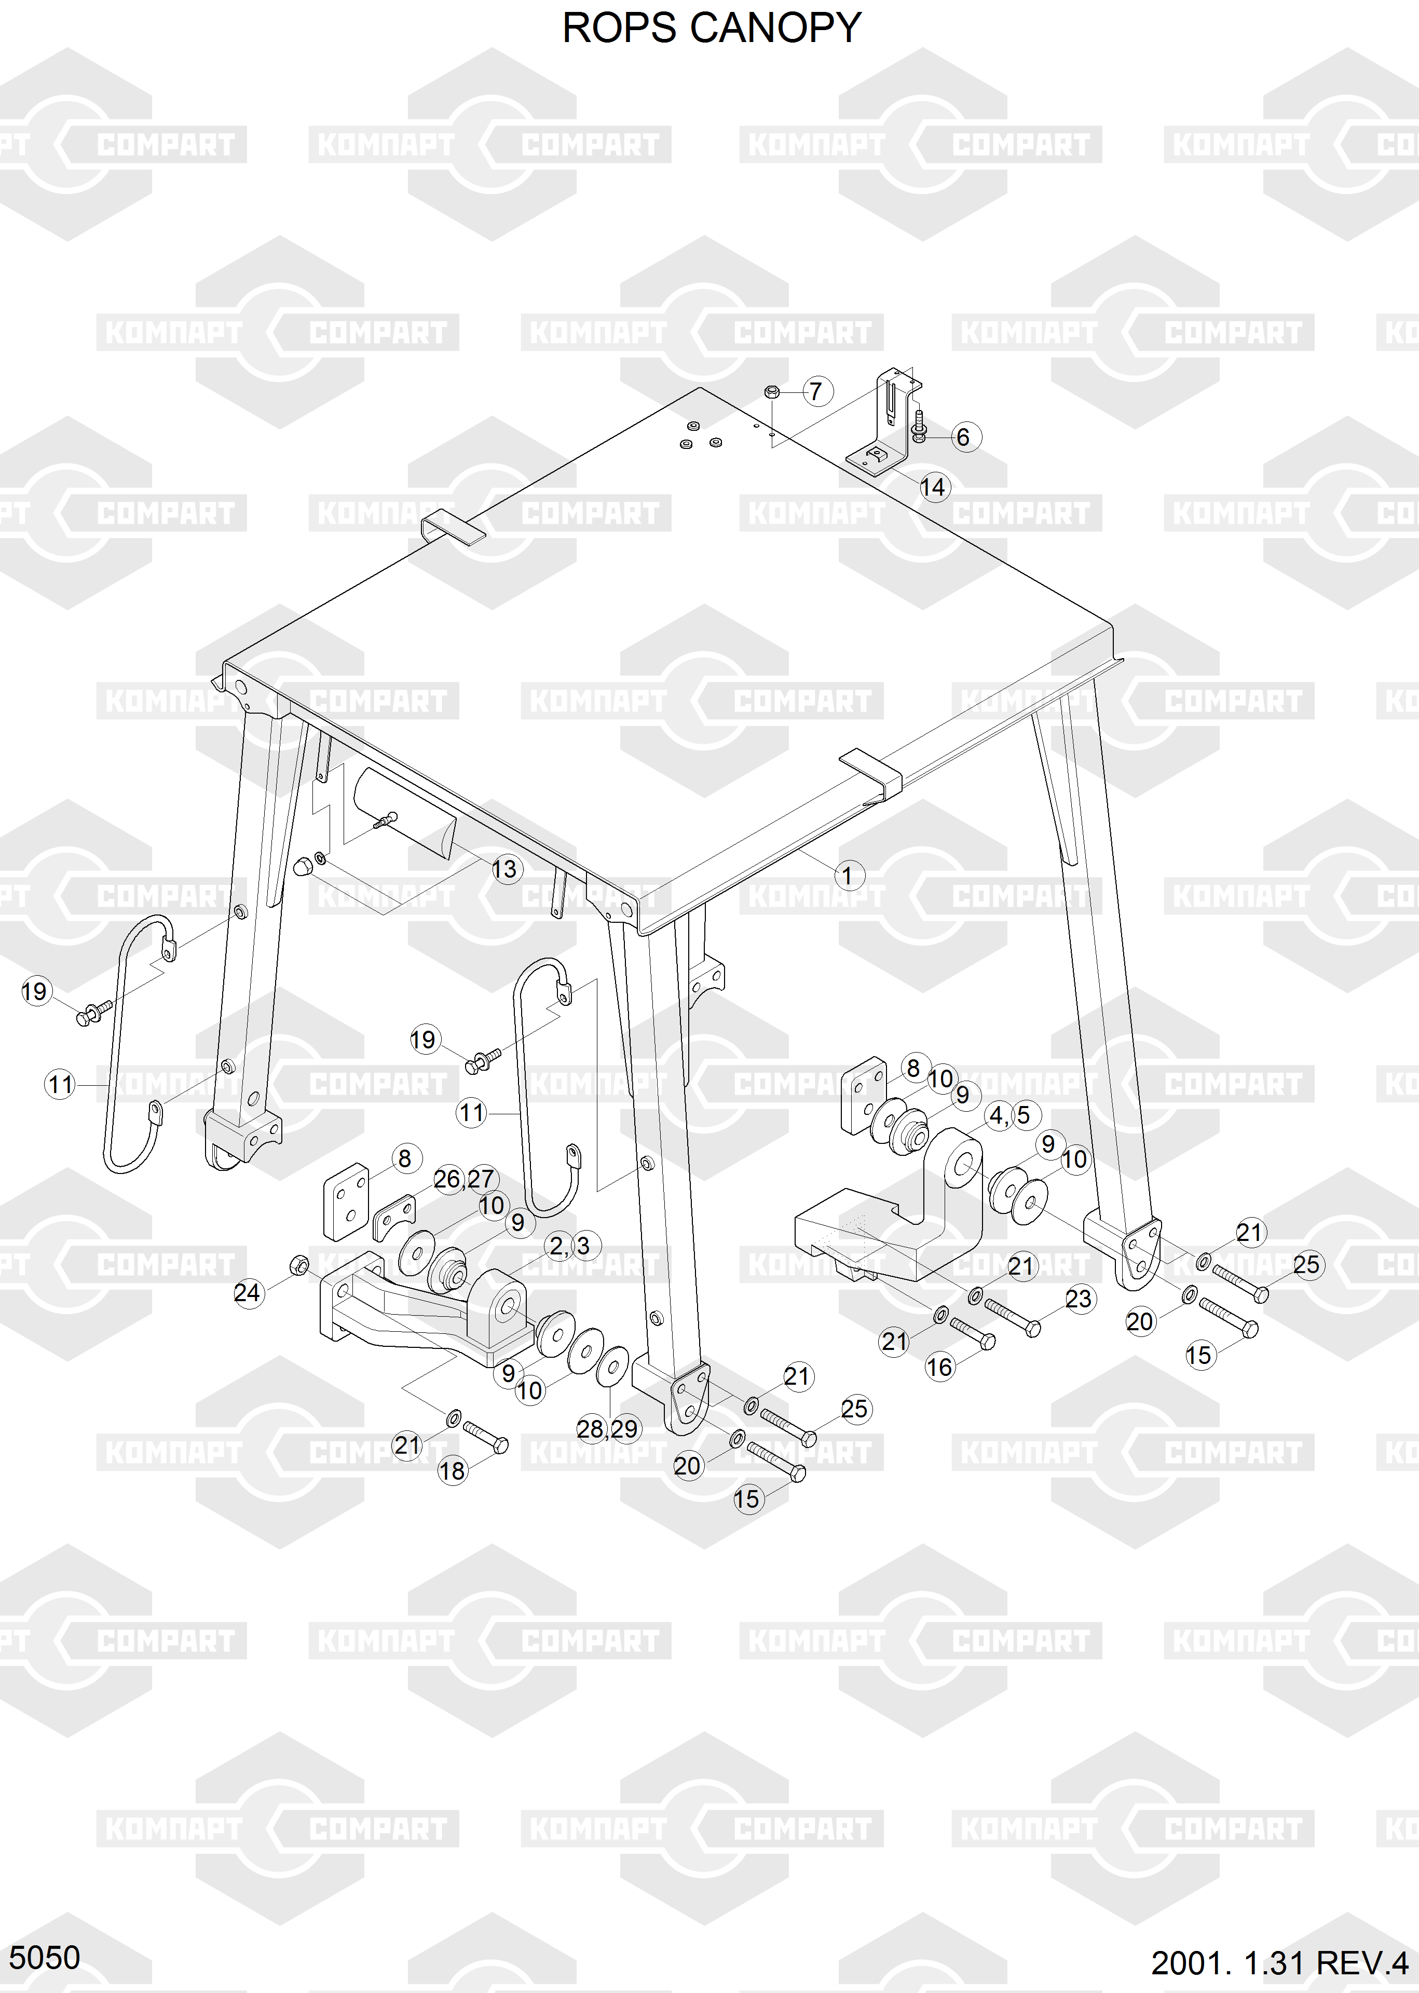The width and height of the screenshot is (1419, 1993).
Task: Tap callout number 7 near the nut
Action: point(816,391)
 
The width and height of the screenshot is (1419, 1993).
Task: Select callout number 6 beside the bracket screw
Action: point(963,437)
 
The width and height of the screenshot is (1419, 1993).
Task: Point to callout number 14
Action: point(933,487)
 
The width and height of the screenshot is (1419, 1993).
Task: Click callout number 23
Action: point(1079,1299)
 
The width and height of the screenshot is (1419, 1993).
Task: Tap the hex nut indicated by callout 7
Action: point(772,391)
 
